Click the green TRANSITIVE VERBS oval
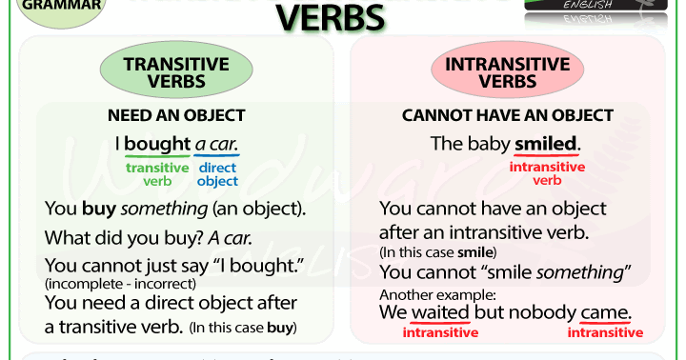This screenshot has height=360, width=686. [x=176, y=73]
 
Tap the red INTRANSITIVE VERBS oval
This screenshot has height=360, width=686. [x=508, y=73]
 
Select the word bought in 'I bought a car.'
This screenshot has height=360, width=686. [x=157, y=145]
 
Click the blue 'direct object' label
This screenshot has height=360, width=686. [x=218, y=174]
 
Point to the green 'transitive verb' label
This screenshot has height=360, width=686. [x=157, y=174]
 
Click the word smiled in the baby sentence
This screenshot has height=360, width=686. [x=546, y=145]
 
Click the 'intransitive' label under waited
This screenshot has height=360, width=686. [x=440, y=332]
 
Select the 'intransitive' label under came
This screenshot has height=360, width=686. [x=605, y=332]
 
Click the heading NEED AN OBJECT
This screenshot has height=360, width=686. [x=176, y=116]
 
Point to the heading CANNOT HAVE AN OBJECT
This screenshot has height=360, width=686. [x=508, y=116]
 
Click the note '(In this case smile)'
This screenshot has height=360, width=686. [x=437, y=252]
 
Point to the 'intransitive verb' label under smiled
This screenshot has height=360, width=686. [x=546, y=173]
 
